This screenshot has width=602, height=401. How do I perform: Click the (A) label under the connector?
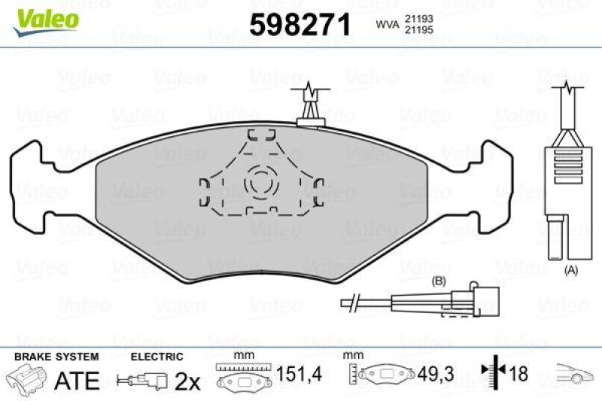tap(571, 269)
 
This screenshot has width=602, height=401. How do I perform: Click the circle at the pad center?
tap(261, 182)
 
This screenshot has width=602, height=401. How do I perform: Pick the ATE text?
tap(77, 380)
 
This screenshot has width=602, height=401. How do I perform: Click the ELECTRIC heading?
tap(157, 357)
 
